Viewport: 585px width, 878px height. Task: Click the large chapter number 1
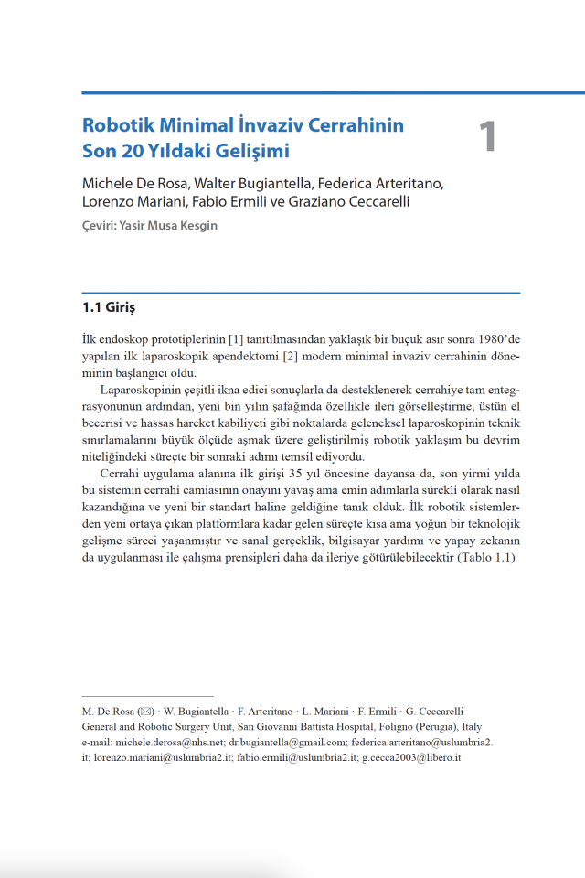(487, 136)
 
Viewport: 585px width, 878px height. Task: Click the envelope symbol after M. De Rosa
(146, 711)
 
